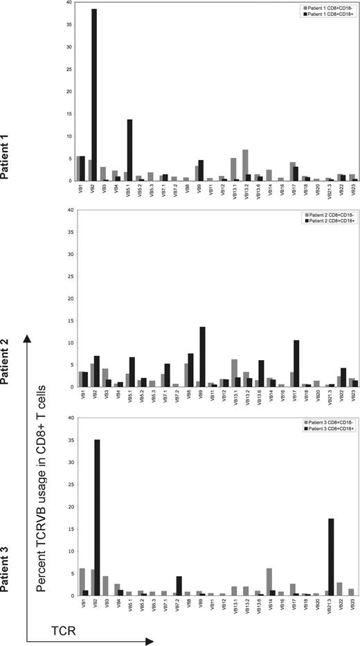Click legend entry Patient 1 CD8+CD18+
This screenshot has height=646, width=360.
pos(322,13)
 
